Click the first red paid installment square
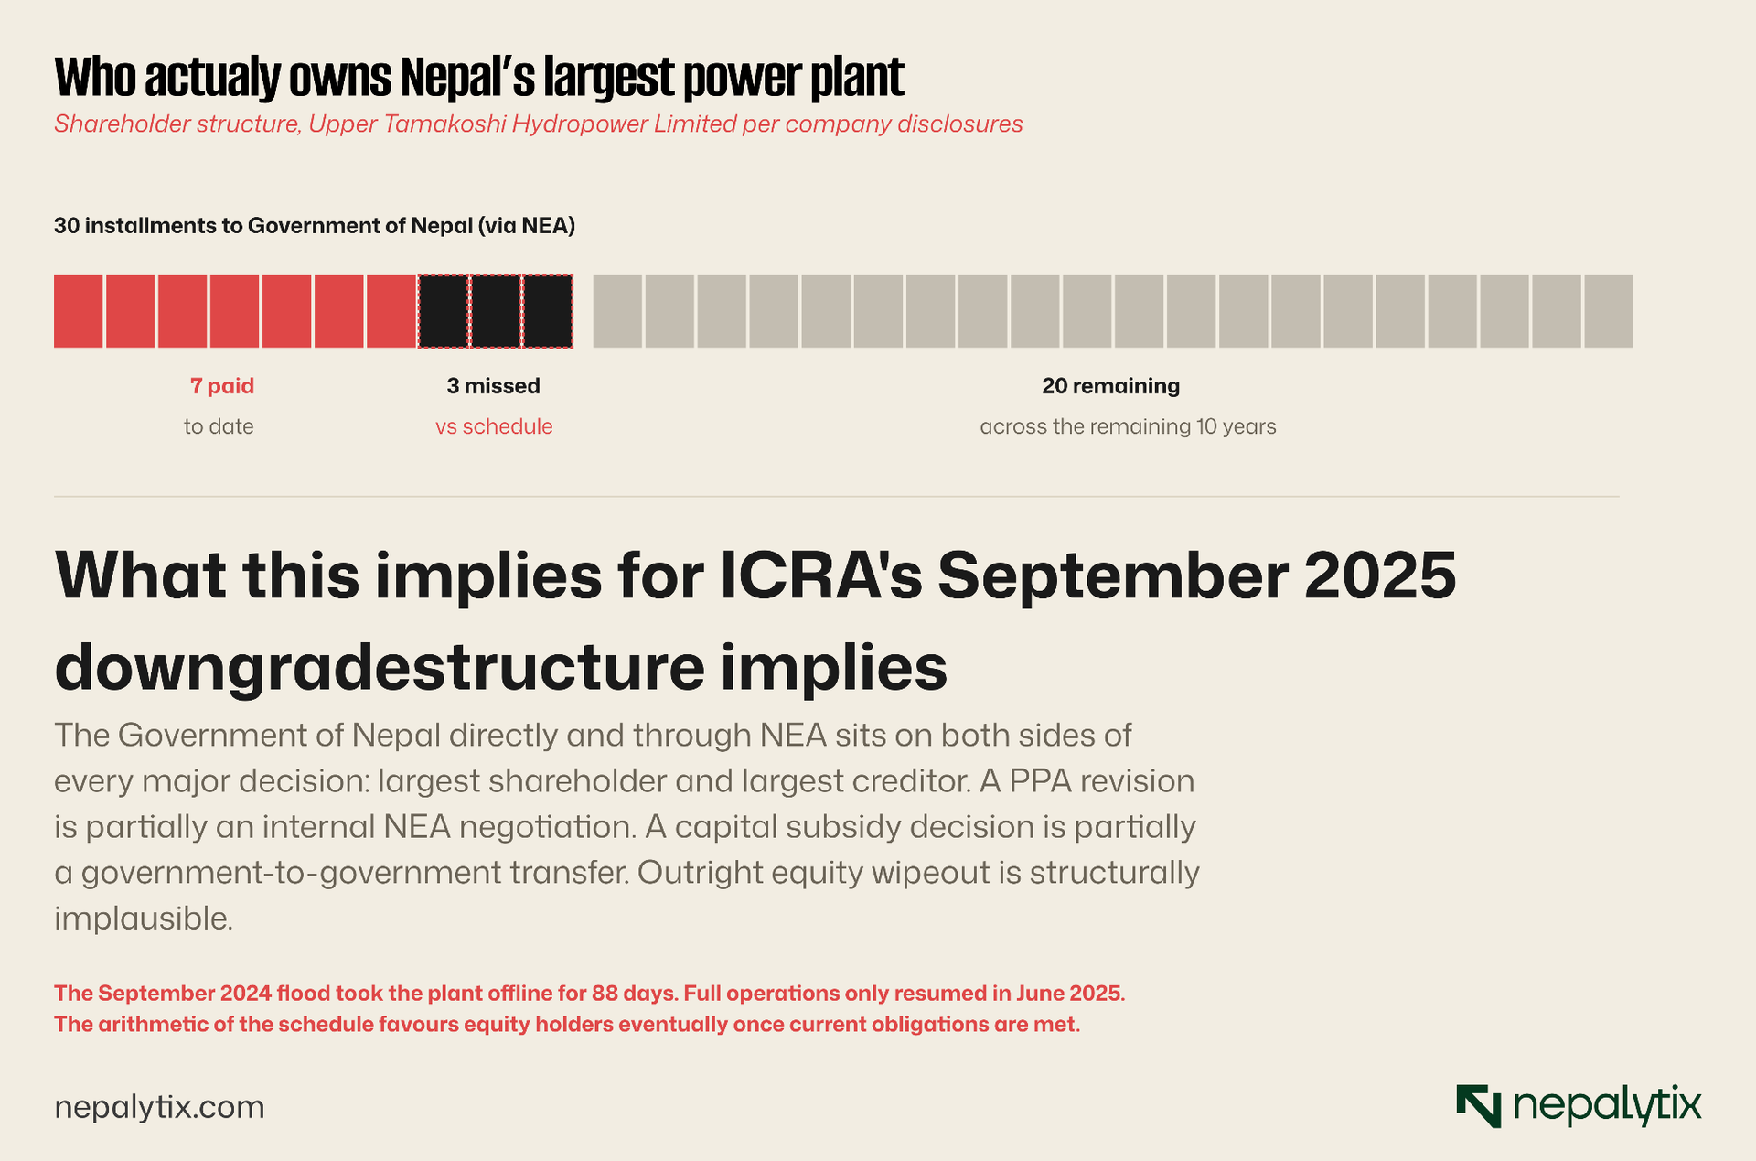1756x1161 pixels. (x=79, y=311)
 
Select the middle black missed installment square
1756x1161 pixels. (x=496, y=311)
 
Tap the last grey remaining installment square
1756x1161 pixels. (x=1609, y=311)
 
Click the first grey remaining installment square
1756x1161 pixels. (x=617, y=311)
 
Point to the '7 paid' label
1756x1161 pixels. (x=222, y=386)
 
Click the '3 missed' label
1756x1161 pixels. (x=494, y=386)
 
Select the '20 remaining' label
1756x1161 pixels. (x=1111, y=386)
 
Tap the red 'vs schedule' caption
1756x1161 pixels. (x=494, y=426)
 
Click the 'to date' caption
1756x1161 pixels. (x=219, y=426)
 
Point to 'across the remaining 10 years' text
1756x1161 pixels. (x=1129, y=426)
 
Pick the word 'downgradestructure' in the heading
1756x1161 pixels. (x=380, y=667)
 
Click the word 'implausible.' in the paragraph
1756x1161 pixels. (x=144, y=919)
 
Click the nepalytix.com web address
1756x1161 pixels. (x=159, y=1108)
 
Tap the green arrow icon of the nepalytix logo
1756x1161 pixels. (x=1479, y=1106)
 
